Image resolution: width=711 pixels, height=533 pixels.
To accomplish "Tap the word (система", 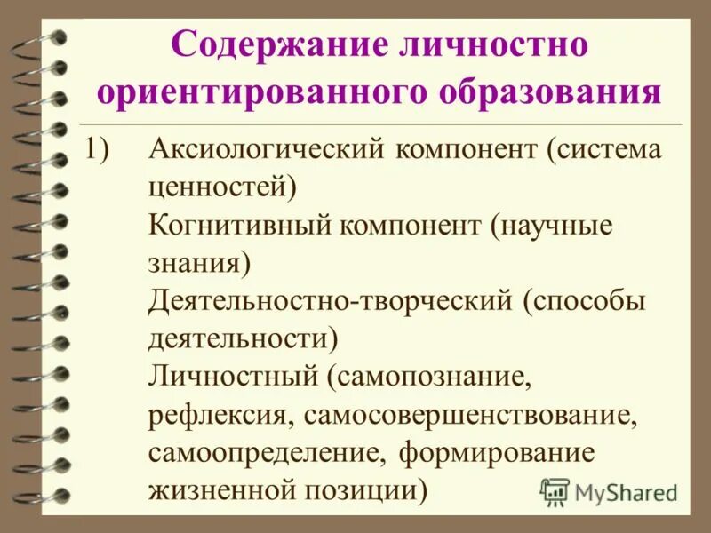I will (598, 149).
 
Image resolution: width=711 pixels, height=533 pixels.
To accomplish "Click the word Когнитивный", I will (236, 226).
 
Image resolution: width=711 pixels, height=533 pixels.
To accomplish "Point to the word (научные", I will (549, 226).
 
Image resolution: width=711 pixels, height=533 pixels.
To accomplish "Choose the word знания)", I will (200, 264).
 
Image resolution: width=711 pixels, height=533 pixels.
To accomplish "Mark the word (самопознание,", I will (428, 378).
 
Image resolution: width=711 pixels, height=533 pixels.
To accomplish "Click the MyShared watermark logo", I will (610, 490).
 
